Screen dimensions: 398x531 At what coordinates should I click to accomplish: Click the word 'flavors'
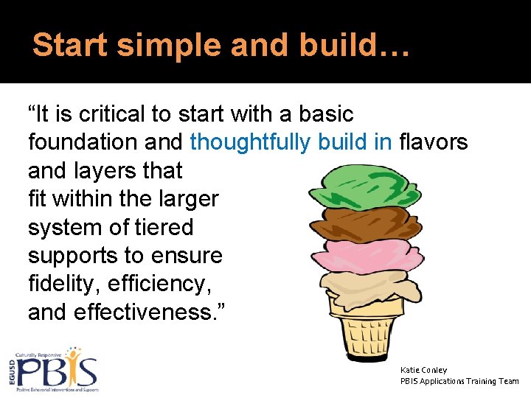(x=433, y=142)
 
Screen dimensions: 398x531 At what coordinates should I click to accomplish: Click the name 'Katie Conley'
(x=423, y=370)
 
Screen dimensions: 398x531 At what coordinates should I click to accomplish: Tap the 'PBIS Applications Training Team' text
(x=459, y=381)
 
